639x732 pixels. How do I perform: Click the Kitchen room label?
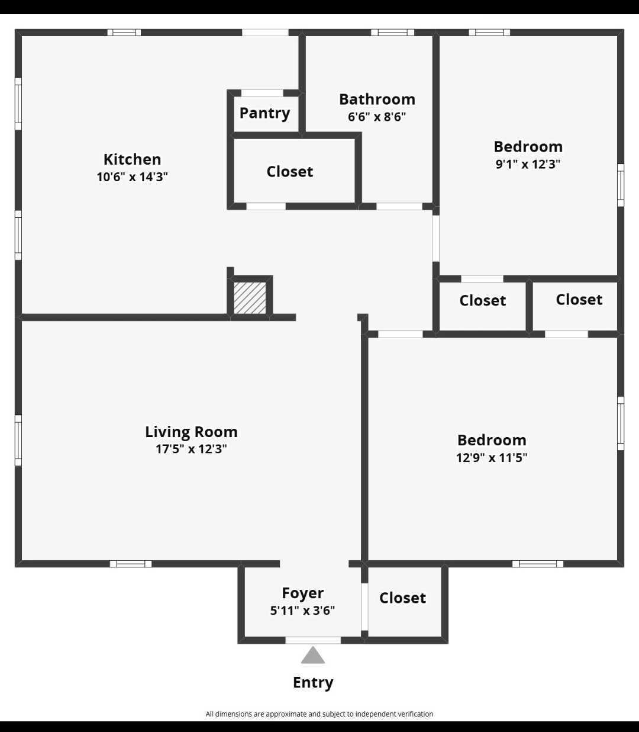click(132, 159)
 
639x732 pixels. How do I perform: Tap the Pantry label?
click(264, 113)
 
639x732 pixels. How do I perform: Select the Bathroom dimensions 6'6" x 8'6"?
click(377, 117)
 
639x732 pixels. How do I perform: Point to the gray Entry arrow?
click(313, 655)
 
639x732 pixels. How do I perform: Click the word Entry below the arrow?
click(313, 682)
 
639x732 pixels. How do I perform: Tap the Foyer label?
click(302, 593)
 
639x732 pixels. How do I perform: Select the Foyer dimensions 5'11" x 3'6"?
click(302, 611)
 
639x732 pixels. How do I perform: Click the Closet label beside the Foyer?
click(402, 598)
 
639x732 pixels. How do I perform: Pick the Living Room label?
click(191, 432)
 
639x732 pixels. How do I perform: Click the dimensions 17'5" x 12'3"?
click(191, 449)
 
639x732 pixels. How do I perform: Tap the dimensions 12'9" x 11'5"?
click(492, 457)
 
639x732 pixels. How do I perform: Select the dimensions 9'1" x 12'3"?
click(528, 164)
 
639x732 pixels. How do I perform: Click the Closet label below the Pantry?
click(290, 172)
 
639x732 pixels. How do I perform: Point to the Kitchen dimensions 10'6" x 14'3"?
click(132, 176)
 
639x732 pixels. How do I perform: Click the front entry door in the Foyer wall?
click(313, 640)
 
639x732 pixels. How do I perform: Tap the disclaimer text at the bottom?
click(319, 714)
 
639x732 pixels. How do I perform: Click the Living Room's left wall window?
click(18, 440)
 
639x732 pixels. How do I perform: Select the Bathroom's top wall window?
click(392, 33)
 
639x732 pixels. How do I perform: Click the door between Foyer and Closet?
click(364, 607)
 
